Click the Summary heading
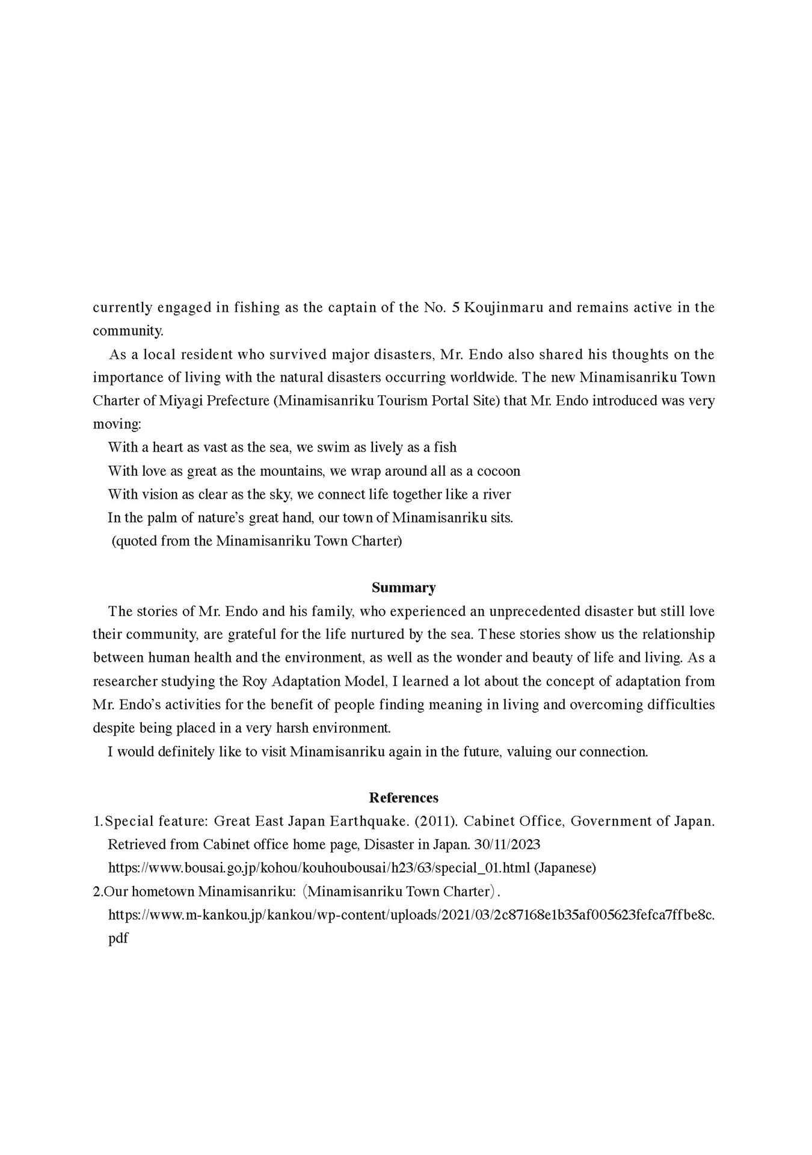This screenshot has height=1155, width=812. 403,588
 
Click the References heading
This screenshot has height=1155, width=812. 403,798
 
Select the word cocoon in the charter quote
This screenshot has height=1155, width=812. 499,471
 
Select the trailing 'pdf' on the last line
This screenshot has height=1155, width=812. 118,938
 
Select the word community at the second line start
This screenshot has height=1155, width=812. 127,331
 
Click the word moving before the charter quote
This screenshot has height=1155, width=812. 116,424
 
